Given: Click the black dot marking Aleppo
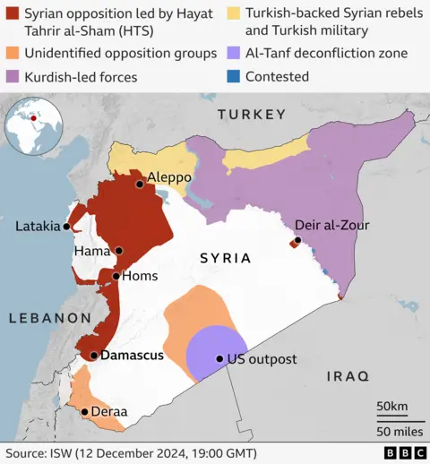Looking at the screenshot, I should click(140, 185).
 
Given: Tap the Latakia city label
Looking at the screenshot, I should click(37, 227).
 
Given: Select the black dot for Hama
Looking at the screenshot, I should click(118, 252).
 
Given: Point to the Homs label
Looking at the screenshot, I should click(139, 276).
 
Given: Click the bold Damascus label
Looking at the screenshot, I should click(132, 356).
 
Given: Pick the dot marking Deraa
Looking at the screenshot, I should click(84, 412).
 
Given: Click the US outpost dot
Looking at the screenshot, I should click(219, 359).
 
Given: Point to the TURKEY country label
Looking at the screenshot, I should click(250, 115).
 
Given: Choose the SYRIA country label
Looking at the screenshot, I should click(225, 258).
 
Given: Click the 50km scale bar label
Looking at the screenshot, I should click(391, 407).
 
